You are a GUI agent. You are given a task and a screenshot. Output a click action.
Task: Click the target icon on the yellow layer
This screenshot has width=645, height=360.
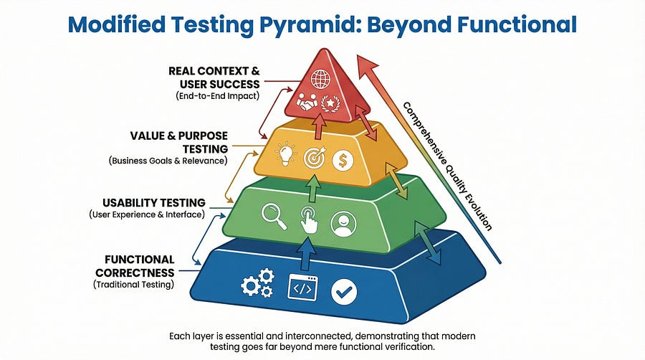[314, 157]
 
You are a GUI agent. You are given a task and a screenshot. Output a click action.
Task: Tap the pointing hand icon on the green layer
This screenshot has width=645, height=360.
[308, 219]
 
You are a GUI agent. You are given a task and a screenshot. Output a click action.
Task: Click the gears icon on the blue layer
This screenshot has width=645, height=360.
[255, 285]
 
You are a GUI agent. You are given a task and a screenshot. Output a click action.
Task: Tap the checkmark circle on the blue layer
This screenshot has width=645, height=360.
[343, 291]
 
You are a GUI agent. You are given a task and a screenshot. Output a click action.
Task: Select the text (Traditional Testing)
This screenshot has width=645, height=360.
[134, 285]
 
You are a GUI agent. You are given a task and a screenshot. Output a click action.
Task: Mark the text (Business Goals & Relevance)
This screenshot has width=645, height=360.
[168, 161]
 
